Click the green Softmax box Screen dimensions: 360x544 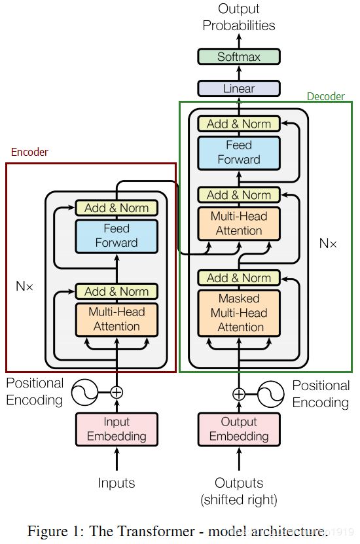pos(239,56)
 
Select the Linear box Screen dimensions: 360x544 pos(239,88)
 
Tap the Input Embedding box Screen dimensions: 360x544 pos(117,429)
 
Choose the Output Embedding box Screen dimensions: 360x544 pos(239,429)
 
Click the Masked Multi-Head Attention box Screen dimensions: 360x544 pos(239,314)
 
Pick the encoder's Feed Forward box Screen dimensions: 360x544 pos(117,236)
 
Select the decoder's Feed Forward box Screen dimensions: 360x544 pos(239,153)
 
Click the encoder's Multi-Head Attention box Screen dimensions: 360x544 pos(117,319)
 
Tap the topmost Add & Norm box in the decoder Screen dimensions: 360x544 pos(239,124)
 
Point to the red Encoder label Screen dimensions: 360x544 pos(29,152)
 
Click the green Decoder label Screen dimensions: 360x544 pos(326,96)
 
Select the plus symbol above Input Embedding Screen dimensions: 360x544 pos(117,392)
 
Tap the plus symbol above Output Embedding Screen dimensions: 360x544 pos(239,394)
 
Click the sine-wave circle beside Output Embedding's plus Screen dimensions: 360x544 pos(271,394)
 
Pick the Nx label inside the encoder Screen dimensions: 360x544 pos(25,286)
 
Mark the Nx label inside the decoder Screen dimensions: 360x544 pos(328,244)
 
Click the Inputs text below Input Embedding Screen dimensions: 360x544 pos(117,483)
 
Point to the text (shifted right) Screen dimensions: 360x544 pos(239,500)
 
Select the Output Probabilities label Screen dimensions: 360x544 pos(239,17)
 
